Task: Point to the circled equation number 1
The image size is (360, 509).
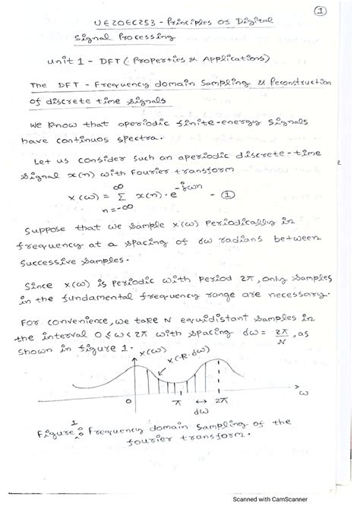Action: pos(226,195)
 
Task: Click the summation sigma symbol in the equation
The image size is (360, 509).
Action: pos(147,197)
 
